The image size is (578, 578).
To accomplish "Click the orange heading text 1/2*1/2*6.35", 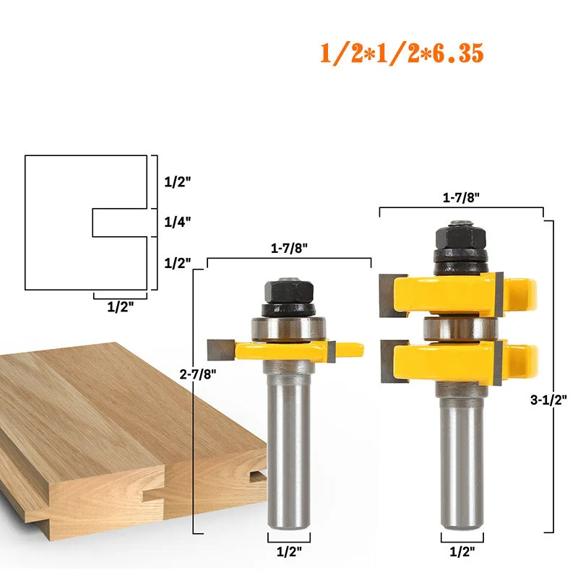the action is point(402,53).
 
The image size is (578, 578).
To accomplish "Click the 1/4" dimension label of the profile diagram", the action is point(177,222).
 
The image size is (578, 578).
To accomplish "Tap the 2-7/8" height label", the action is point(198,374).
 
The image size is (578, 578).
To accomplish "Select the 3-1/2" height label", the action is point(548,400).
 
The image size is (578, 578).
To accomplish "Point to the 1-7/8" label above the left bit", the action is point(289,248).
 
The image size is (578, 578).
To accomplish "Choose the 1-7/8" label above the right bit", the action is point(461,197).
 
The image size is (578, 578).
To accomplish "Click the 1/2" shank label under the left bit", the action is point(289,552).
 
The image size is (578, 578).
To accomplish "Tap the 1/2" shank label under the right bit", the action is point(462,552).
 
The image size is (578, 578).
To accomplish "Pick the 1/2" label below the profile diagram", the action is point(120,306).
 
